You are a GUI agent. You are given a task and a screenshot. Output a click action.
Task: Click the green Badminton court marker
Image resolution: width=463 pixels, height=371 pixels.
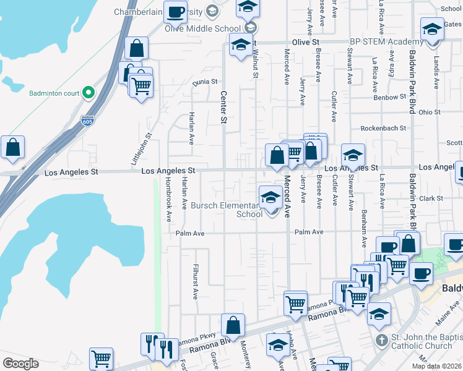[89, 93]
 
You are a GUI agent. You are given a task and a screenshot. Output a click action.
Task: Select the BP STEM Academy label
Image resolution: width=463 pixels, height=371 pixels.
[387, 41]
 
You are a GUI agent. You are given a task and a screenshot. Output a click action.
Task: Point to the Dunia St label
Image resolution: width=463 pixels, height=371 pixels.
[206, 82]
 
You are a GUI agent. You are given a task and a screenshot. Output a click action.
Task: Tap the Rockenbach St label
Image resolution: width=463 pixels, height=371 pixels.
[384, 128]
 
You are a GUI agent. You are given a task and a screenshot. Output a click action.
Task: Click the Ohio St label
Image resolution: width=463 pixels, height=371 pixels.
[429, 113]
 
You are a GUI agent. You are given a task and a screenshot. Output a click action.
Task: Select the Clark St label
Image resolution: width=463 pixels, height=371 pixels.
[431, 198]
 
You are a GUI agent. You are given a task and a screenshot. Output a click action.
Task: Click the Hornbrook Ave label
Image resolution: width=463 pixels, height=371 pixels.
[168, 200]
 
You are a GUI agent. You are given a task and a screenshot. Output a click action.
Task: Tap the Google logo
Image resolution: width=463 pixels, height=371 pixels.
[20, 363]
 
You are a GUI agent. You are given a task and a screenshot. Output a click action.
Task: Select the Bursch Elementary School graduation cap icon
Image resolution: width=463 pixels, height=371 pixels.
[270, 197]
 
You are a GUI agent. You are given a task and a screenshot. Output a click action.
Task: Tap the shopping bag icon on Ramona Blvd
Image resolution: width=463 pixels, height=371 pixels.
[233, 325]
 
